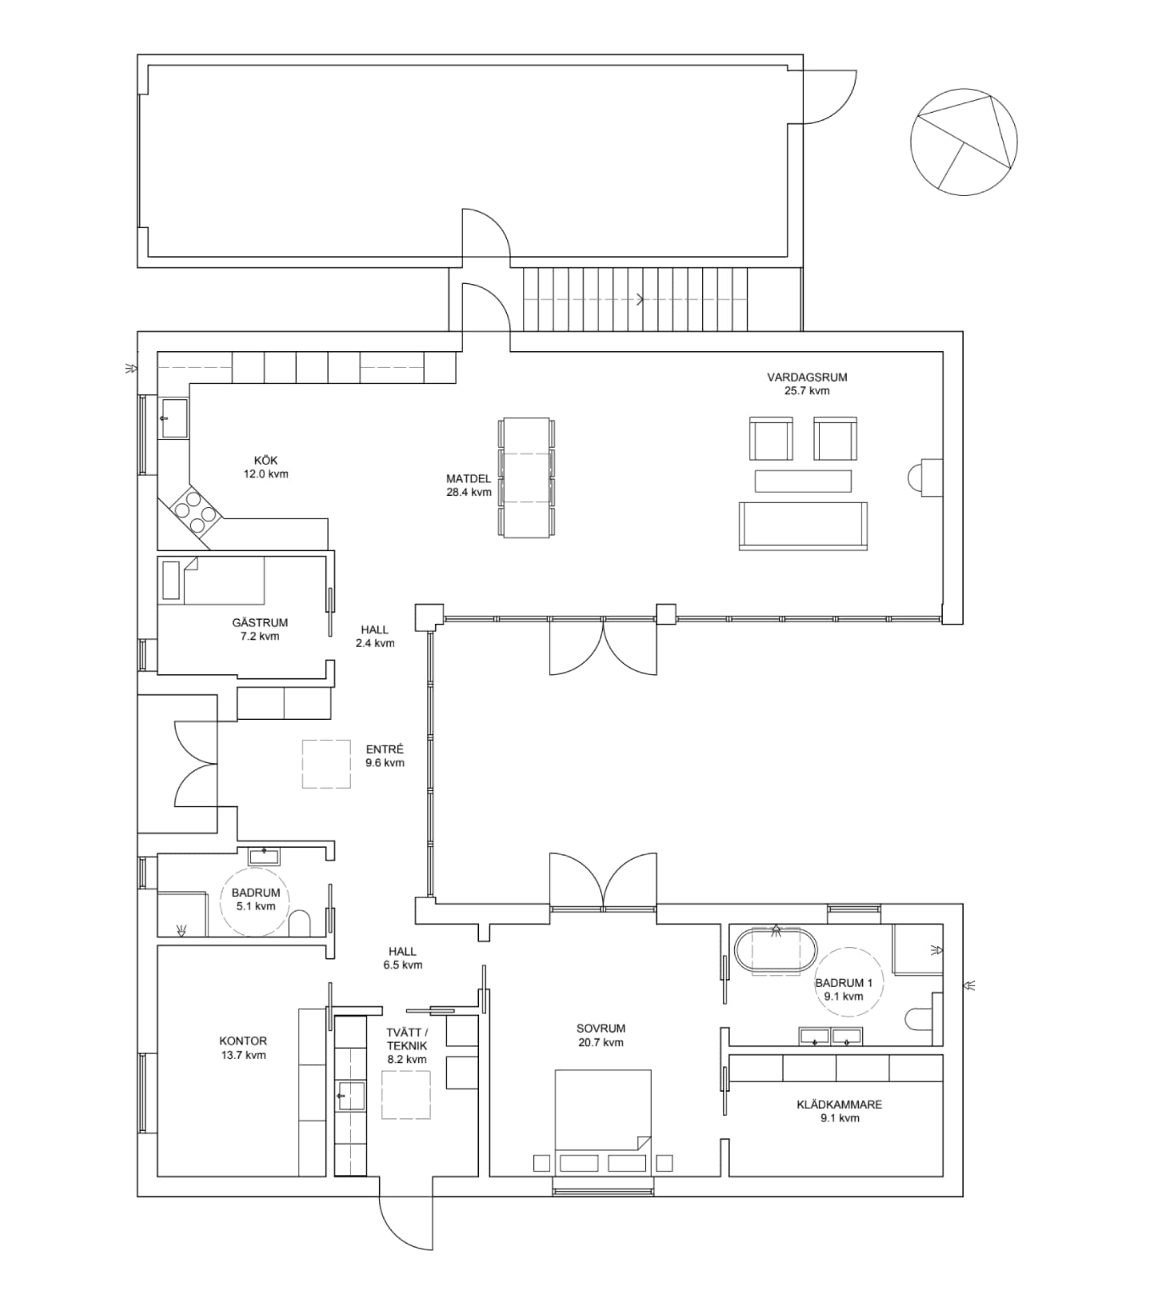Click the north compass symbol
point(963,142)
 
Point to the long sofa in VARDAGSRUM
point(803,526)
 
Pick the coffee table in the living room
point(803,481)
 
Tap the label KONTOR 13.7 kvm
point(243,1048)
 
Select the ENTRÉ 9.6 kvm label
point(385,756)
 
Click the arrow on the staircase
point(640,299)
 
